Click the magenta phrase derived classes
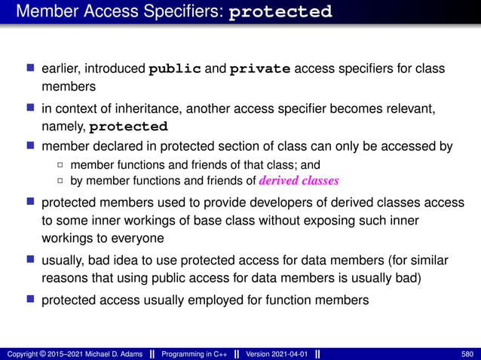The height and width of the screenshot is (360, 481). coord(299,181)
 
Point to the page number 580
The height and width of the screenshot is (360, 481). coord(467,354)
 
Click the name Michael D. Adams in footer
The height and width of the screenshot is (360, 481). coord(110,354)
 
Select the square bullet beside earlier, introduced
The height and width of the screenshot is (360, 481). coord(30,69)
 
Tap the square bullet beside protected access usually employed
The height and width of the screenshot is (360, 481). coord(30,300)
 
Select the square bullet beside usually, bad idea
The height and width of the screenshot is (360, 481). coord(30,261)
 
